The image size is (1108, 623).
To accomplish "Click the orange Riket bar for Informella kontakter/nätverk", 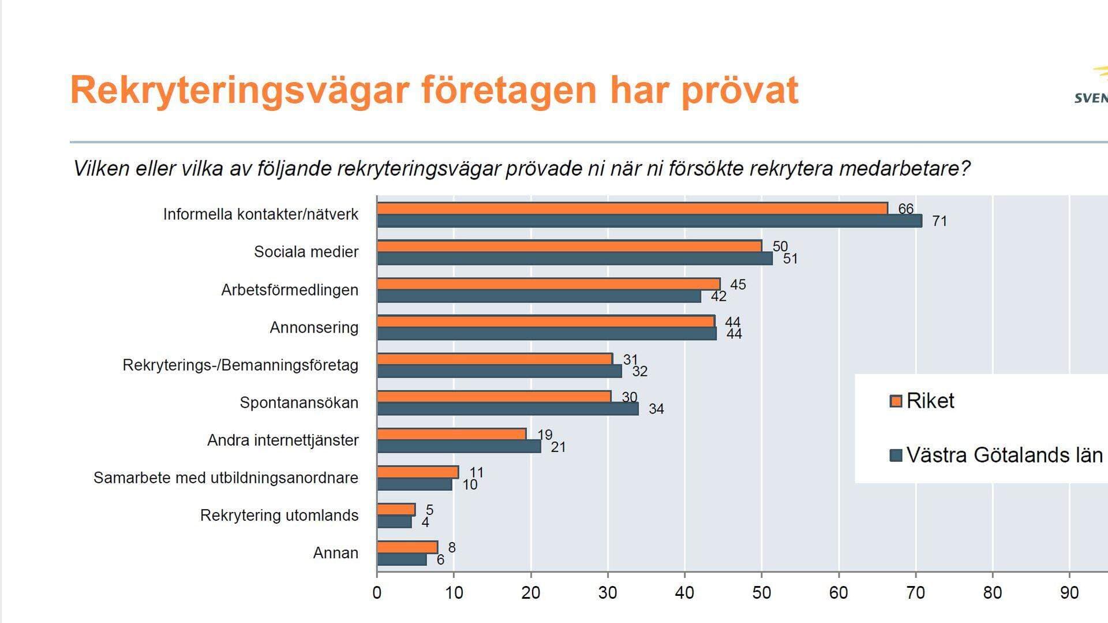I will click(632, 208).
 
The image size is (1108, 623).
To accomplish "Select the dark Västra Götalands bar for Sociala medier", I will click(575, 259).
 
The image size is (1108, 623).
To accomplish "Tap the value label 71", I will click(939, 221).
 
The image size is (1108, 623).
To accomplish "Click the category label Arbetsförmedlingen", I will click(290, 290).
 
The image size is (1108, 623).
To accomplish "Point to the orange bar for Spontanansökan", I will click(494, 397).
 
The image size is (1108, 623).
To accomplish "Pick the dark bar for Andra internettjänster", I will click(459, 446).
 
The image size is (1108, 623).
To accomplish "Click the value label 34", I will click(656, 409).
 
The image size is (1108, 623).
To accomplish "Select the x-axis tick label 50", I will click(761, 593).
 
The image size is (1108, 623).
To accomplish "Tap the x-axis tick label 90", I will click(1069, 593).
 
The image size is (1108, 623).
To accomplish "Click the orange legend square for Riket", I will click(896, 401).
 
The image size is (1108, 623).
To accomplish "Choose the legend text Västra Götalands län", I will click(1004, 456).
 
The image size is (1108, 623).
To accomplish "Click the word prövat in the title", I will click(740, 91).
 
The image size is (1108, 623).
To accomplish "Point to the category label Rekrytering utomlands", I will click(279, 516).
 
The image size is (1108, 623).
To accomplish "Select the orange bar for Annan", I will click(407, 547).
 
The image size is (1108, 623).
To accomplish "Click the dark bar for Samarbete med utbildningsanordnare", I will click(414, 484).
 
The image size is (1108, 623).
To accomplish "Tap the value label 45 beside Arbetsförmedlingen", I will click(738, 285).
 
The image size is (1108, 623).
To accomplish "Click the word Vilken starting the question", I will click(100, 169).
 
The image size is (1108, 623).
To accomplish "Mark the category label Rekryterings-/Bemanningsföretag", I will click(240, 365).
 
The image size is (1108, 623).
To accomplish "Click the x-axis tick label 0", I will click(377, 593).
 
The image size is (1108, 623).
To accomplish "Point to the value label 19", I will click(545, 435).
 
